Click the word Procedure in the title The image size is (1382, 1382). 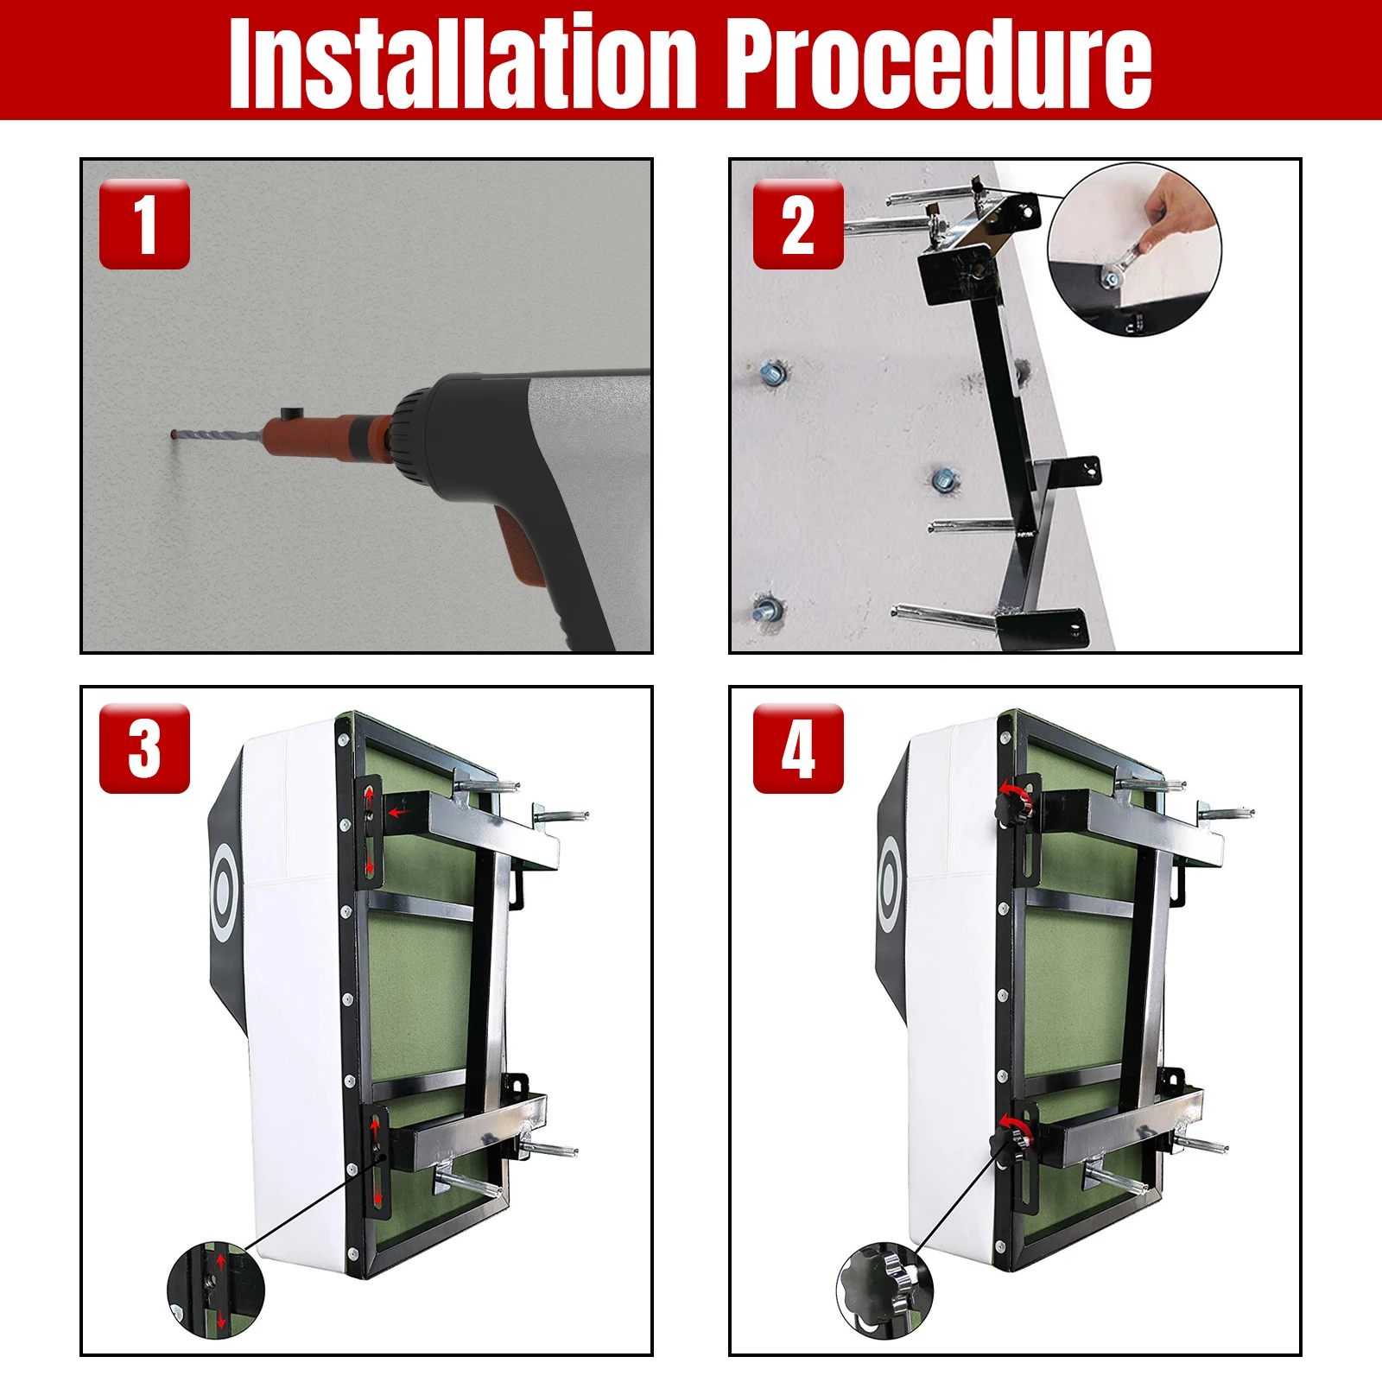(x=937, y=62)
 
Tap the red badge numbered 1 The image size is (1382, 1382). (x=144, y=225)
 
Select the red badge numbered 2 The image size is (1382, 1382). (x=797, y=225)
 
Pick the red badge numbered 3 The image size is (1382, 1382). (x=144, y=749)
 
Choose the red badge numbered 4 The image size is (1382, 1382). (x=797, y=749)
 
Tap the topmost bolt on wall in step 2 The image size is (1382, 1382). (x=771, y=374)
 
